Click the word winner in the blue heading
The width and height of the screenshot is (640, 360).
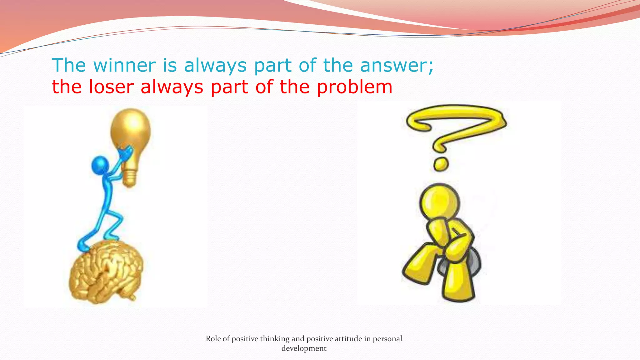[124, 65]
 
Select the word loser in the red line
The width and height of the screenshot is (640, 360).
[111, 87]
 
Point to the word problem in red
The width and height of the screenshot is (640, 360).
[355, 87]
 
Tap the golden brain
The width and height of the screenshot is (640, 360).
[106, 272]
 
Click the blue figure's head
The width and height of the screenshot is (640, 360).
[100, 165]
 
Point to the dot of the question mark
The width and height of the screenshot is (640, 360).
[441, 164]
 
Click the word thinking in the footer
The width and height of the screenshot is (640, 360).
[275, 339]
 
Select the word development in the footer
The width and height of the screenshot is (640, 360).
[304, 348]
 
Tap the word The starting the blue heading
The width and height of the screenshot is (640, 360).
[69, 65]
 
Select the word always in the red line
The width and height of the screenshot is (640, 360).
[172, 87]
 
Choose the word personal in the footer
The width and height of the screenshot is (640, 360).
[387, 339]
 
